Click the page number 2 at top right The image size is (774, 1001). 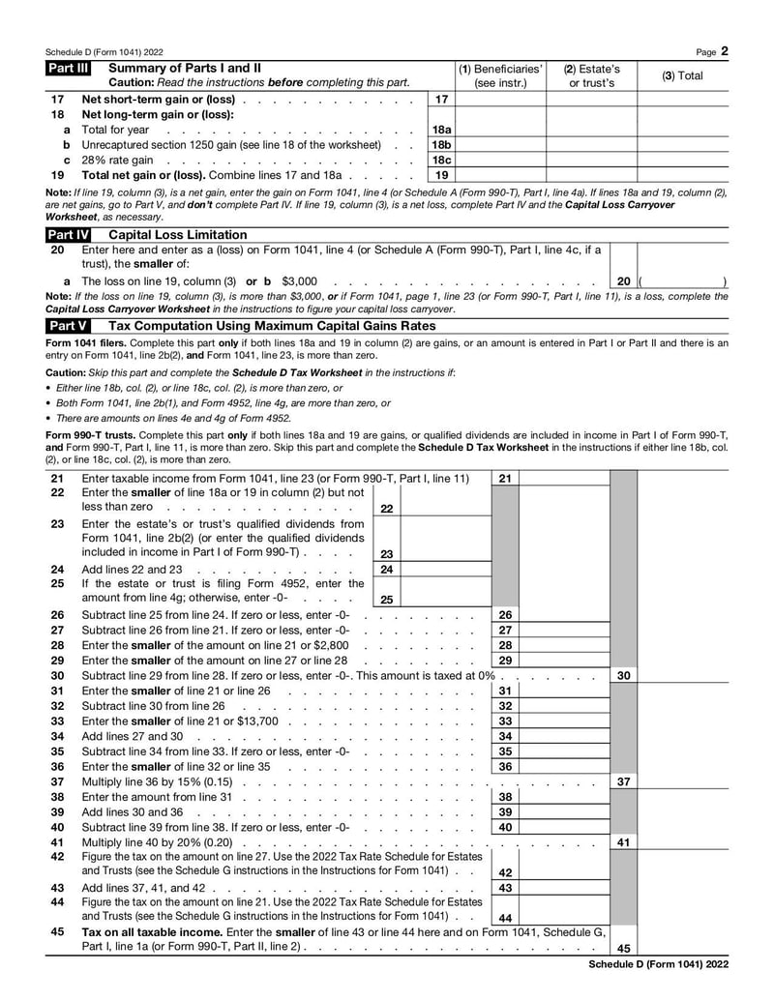[x=725, y=50]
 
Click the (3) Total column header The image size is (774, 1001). [x=682, y=75]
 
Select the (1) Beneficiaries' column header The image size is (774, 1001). [x=500, y=75]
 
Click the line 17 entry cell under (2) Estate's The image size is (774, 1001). [x=592, y=100]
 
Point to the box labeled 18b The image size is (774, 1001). [x=441, y=145]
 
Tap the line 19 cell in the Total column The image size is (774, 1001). [x=682, y=175]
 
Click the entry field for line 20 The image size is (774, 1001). [x=681, y=280]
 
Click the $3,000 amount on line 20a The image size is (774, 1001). [x=299, y=280]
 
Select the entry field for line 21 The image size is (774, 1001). [x=564, y=479]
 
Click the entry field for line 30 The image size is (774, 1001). [x=683, y=676]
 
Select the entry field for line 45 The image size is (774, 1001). [x=683, y=949]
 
